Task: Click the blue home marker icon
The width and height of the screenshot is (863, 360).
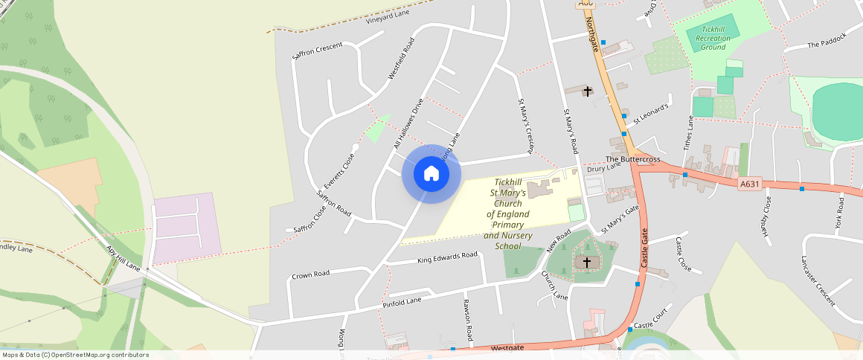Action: [x=431, y=174]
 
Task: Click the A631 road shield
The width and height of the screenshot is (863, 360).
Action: [x=750, y=184]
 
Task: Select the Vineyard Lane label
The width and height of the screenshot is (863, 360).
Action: [x=388, y=17]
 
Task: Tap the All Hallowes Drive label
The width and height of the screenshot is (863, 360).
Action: [x=408, y=124]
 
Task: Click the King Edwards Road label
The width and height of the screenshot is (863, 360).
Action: [x=447, y=257]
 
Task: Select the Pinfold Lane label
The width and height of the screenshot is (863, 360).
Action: [x=402, y=301]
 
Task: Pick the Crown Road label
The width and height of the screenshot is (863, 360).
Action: [x=310, y=274]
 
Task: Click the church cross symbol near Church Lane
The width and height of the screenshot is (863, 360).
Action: [x=587, y=263]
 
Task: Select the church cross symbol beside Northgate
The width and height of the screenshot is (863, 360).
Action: [x=587, y=91]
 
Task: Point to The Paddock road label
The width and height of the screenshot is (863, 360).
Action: [x=827, y=45]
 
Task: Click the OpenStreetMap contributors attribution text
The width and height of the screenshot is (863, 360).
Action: [x=75, y=355]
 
